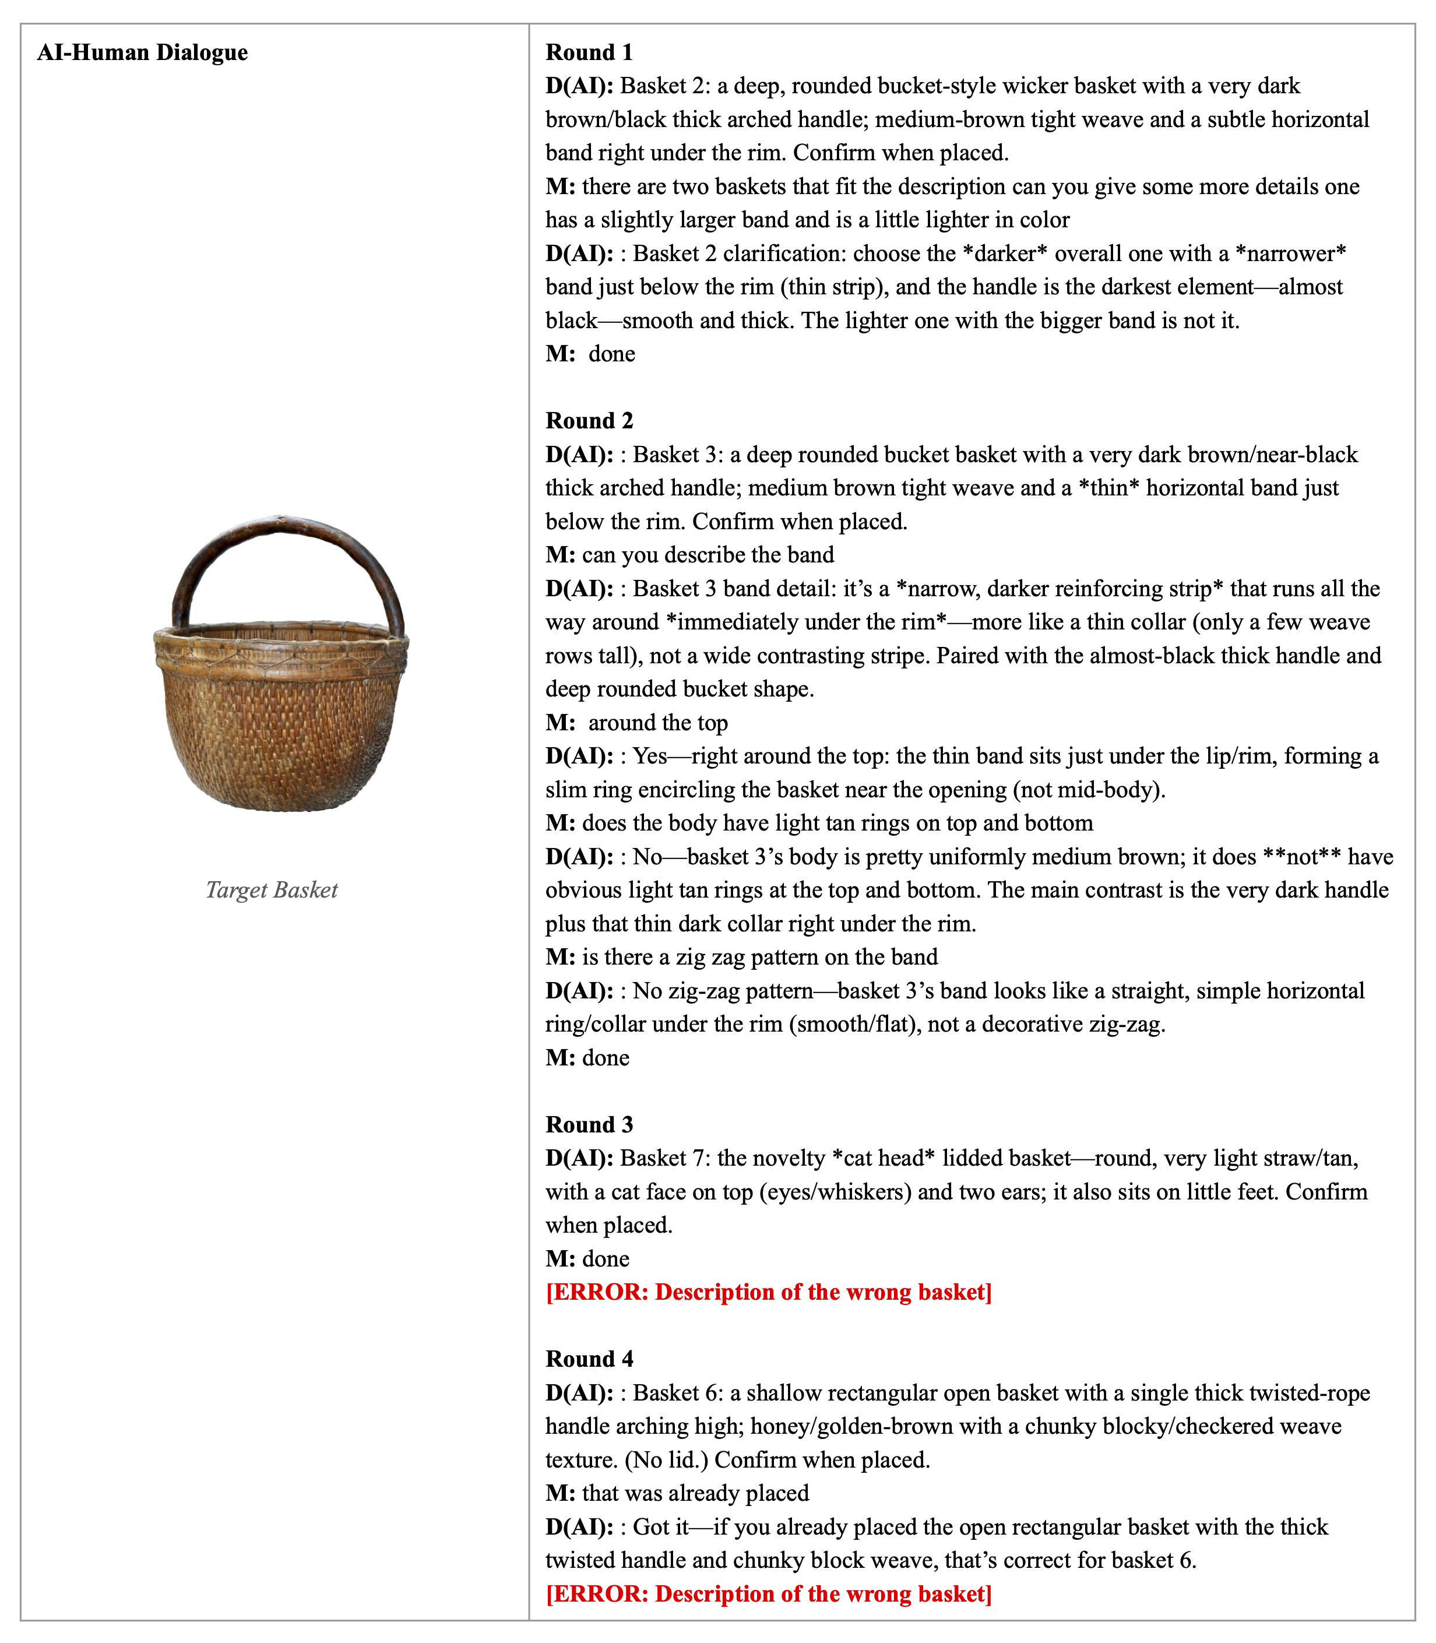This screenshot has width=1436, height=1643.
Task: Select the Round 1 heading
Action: [589, 53]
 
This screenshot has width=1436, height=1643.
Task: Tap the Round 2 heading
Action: [589, 421]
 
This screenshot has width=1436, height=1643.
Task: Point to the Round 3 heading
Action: [589, 1124]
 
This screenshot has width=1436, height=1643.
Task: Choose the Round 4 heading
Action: [589, 1359]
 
